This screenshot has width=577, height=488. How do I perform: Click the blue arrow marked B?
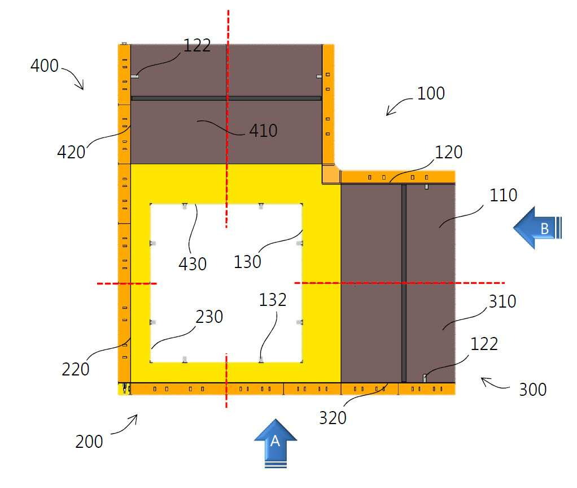(x=537, y=228)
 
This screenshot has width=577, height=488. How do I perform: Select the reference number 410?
(x=263, y=131)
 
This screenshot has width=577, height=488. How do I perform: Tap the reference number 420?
(x=71, y=152)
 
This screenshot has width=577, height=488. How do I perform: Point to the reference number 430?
(x=193, y=264)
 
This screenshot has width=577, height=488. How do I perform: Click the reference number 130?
(x=247, y=262)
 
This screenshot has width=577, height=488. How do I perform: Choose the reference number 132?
(x=273, y=300)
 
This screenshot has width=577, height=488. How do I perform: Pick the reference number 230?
(x=209, y=317)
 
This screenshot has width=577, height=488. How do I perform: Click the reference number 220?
(x=76, y=369)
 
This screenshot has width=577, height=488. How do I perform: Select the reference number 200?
(x=89, y=442)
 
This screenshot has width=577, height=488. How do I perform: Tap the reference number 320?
(x=333, y=418)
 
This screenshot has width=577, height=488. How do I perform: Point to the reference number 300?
(x=532, y=390)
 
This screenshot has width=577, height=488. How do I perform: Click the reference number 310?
(x=502, y=301)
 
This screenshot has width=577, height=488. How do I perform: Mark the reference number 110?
(x=504, y=195)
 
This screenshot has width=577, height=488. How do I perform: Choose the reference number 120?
(x=449, y=152)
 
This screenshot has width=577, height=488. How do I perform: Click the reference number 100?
(x=431, y=93)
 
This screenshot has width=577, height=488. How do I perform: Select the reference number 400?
(x=45, y=66)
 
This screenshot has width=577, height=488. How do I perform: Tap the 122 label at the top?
(x=197, y=46)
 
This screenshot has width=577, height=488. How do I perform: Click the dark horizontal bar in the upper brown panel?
(x=226, y=98)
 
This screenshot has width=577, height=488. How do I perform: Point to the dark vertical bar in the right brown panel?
(x=404, y=283)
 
